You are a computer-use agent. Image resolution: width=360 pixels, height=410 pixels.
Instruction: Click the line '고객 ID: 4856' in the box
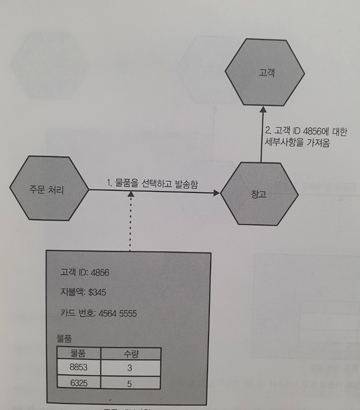pyautogui.click(x=85, y=272)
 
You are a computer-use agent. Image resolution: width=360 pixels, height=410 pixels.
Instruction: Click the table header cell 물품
pyautogui.click(x=79, y=354)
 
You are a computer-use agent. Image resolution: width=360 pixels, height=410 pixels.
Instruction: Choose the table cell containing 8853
pyautogui.click(x=78, y=367)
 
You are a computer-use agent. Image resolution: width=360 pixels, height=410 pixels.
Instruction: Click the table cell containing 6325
pyautogui.click(x=78, y=383)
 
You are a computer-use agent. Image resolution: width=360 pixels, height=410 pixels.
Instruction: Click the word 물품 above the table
pyautogui.click(x=64, y=338)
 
